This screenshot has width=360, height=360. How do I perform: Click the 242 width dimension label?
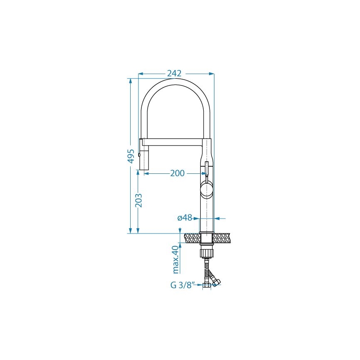tap(174, 73)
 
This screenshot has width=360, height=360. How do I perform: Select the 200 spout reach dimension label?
tap(178, 173)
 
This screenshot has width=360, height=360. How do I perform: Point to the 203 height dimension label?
tap(139, 201)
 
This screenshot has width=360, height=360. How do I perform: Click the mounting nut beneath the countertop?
tap(207, 251)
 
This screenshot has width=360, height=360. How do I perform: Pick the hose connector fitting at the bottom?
tap(207, 285)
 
